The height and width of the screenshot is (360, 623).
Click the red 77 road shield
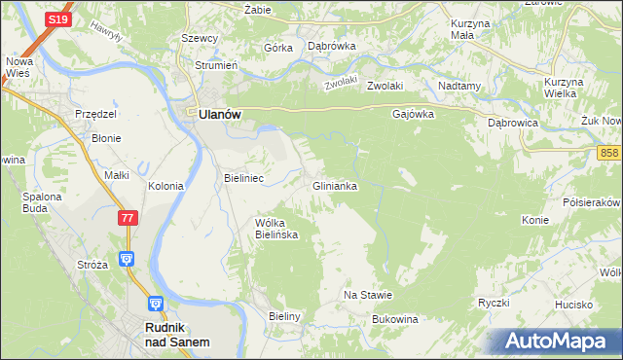click(128, 219)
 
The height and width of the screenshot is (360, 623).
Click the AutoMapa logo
click(556, 342)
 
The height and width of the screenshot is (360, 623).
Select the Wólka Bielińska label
click(275, 229)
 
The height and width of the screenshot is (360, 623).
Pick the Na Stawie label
click(368, 295)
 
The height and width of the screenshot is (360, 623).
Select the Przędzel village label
click(96, 114)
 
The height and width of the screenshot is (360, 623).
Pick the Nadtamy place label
click(459, 86)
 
